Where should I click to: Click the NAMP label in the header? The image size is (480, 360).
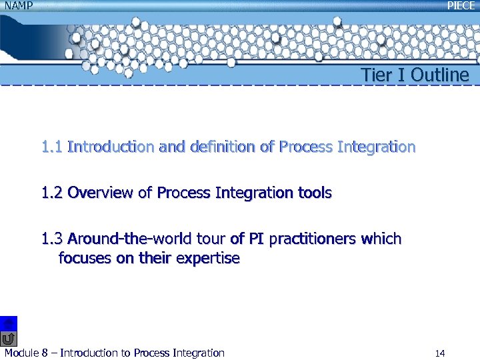click(x=17, y=5)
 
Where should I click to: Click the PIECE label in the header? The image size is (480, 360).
click(x=461, y=5)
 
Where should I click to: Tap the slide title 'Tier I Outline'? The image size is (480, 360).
click(x=415, y=75)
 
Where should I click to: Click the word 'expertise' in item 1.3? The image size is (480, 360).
click(x=207, y=258)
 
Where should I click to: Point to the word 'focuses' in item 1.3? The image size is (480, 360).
click(x=85, y=258)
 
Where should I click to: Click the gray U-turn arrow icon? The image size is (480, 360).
click(x=9, y=339)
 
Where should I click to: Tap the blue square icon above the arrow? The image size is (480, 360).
click(x=9, y=323)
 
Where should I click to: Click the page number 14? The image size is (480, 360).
click(x=439, y=353)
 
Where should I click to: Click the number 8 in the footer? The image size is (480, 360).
click(x=45, y=353)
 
